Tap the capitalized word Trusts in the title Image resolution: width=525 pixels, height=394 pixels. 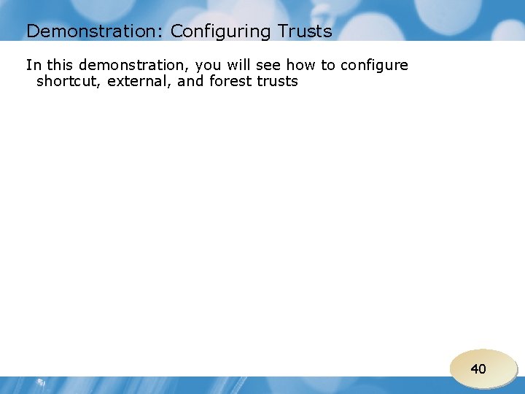click(x=304, y=31)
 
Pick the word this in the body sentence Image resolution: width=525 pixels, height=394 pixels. click(x=59, y=65)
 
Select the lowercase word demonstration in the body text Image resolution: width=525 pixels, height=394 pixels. click(x=132, y=65)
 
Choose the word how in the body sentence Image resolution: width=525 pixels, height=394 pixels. click(x=303, y=65)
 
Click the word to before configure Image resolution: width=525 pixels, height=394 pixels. click(x=328, y=65)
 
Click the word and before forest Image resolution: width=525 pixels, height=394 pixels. click(x=191, y=82)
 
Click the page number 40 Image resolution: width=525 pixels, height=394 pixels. click(x=478, y=369)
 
